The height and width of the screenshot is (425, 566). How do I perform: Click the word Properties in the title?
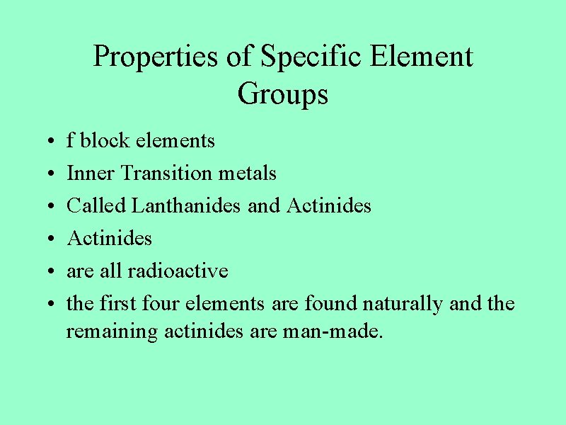[x=156, y=57]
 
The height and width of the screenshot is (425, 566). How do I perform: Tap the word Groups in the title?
[x=283, y=93]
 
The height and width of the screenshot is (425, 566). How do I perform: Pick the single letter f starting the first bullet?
[x=70, y=140]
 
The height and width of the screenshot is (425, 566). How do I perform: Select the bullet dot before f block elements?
[x=45, y=142]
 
